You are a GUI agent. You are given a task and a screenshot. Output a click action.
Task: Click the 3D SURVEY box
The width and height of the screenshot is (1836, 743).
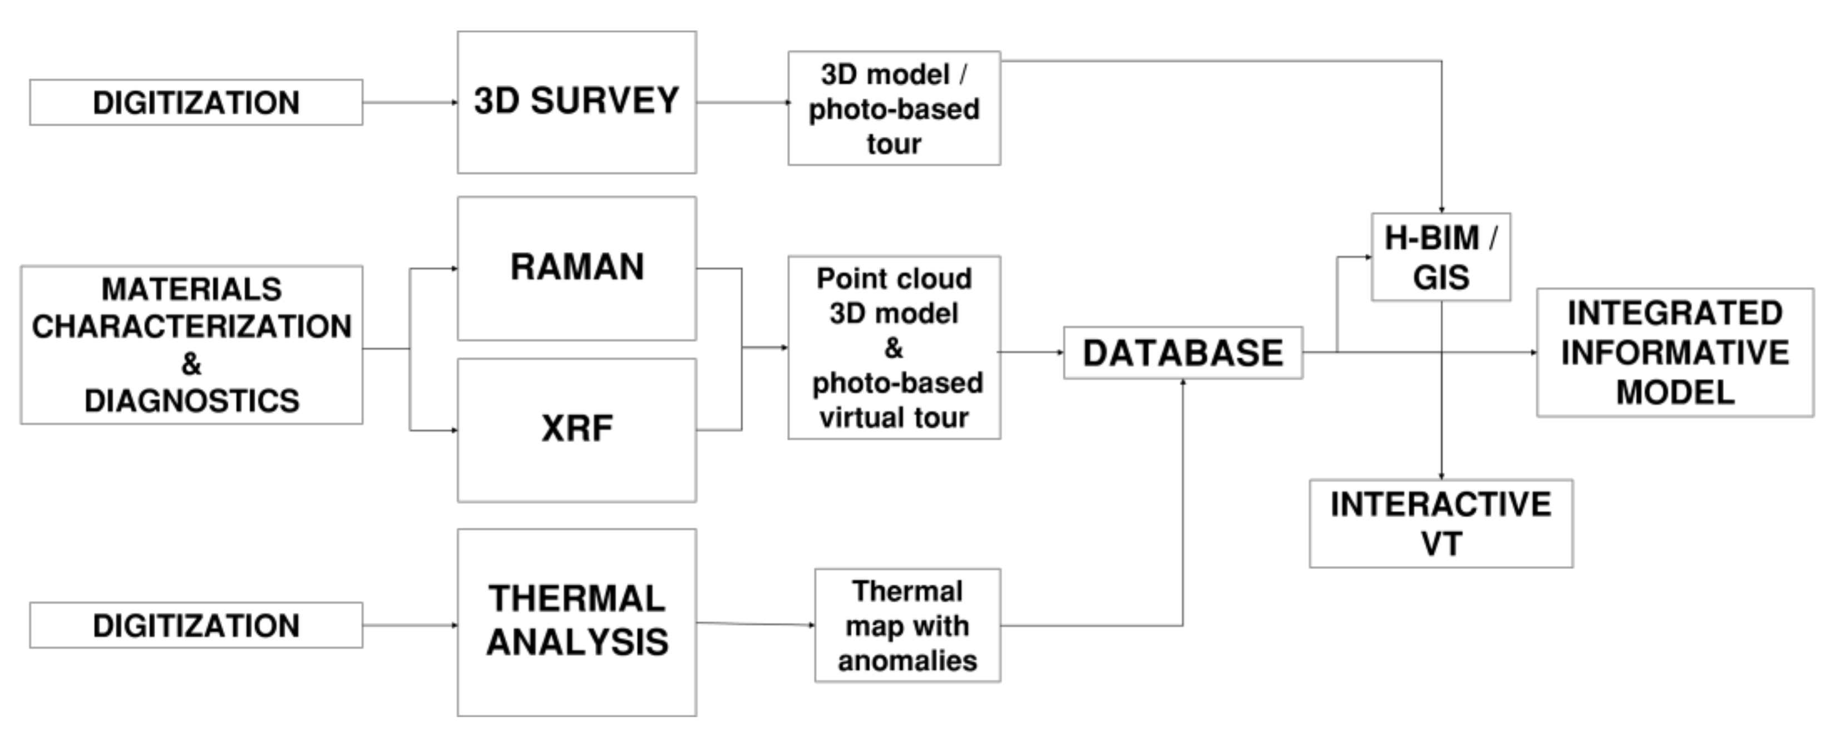pos(576,101)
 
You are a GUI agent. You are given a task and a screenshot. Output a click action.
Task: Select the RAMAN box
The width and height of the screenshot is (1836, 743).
pos(576,268)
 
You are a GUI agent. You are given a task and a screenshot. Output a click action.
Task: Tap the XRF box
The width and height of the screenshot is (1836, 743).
pos(576,429)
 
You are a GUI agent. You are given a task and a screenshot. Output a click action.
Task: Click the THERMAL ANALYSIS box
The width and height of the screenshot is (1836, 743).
pos(576,621)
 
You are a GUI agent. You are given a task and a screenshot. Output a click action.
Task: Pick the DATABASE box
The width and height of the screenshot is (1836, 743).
pos(1182,353)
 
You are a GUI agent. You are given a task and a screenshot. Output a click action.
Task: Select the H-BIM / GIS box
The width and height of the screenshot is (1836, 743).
pos(1440,257)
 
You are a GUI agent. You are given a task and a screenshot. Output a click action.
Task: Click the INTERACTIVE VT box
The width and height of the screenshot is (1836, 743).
pos(1440,523)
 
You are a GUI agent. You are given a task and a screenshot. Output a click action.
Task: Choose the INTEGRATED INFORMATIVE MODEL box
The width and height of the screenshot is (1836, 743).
pos(1674,353)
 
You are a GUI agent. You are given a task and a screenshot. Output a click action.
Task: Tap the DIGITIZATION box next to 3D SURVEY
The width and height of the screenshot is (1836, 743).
pos(196,102)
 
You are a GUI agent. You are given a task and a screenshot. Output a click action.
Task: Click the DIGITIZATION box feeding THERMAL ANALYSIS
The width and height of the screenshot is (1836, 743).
pos(196,626)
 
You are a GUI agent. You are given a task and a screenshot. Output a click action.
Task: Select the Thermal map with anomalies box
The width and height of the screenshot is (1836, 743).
pos(907,626)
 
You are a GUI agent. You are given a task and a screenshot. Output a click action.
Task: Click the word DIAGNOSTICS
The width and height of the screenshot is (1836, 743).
pos(192,401)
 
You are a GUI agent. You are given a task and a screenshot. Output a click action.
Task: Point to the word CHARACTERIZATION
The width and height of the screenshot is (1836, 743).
pos(192,327)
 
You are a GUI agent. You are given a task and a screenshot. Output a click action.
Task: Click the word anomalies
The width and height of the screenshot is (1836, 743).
pos(907,661)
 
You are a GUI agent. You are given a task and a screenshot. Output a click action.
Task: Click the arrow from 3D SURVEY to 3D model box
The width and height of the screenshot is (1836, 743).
pos(741,102)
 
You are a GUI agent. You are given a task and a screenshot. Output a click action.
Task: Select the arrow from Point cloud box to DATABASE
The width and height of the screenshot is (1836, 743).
pos(1030,352)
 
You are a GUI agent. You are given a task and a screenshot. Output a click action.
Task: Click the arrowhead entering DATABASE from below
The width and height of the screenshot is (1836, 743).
pos(1183,383)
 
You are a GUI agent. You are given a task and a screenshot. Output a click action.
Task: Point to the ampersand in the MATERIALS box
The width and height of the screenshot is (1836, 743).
pos(191,364)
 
